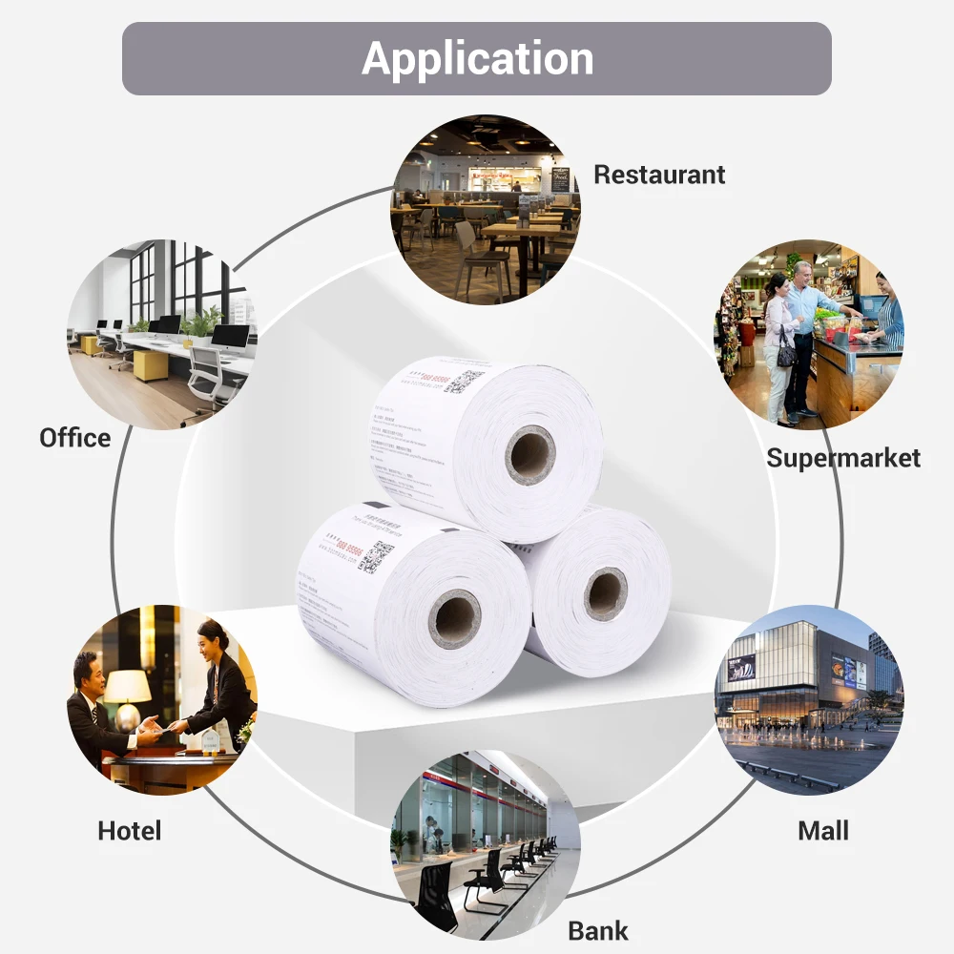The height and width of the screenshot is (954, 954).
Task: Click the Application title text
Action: tap(477, 58)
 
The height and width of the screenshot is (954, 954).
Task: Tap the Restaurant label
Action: tap(659, 175)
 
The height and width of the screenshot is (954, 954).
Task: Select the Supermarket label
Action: tap(843, 458)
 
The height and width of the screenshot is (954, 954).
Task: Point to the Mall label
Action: tap(822, 830)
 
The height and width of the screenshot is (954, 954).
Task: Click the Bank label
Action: tap(598, 930)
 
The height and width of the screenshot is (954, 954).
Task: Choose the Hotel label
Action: tap(129, 830)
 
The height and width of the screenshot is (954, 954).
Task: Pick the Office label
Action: tap(75, 438)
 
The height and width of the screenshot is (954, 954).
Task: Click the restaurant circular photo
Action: tap(486, 209)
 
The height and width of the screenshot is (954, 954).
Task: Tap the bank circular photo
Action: tap(486, 840)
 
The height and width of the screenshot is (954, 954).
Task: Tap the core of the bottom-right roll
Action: tap(605, 593)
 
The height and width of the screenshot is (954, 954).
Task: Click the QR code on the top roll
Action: tap(464, 381)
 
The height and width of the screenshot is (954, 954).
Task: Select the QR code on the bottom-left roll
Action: tap(375, 556)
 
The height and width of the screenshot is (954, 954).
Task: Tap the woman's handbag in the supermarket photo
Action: tap(786, 355)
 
